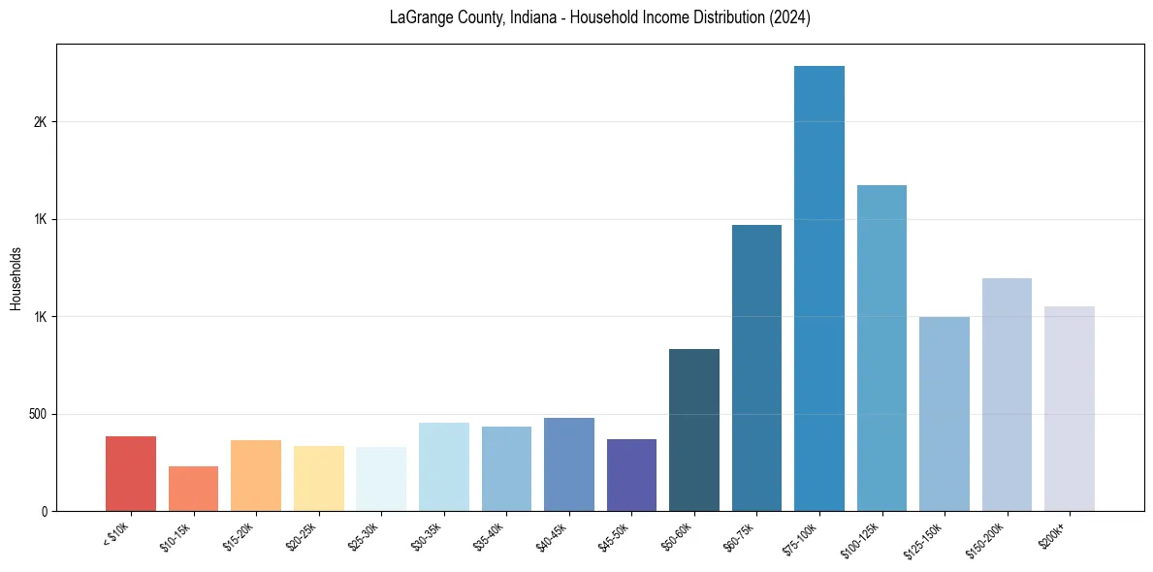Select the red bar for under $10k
tap(131, 474)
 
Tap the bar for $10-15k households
tap(193, 489)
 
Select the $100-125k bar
tap(881, 348)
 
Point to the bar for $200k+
tap(1070, 408)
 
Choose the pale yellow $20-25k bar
tap(319, 478)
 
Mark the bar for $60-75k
tap(756, 367)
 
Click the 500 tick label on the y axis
tap(38, 414)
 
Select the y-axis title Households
tap(16, 277)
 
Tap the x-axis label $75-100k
tap(803, 536)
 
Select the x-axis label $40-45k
tap(554, 535)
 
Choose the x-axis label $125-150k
tap(926, 538)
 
